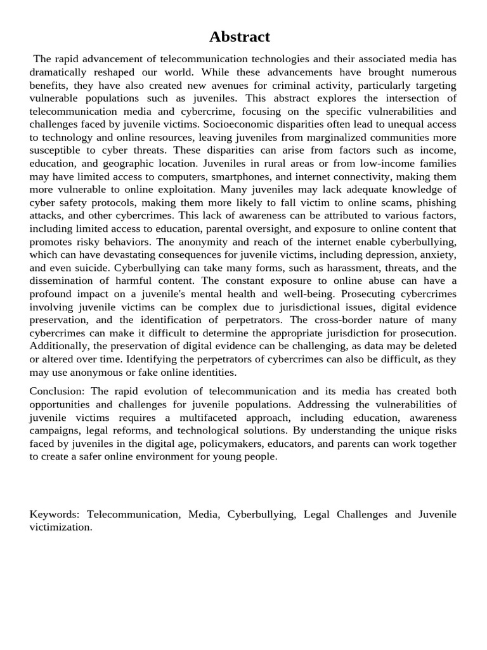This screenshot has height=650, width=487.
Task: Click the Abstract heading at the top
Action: click(240, 37)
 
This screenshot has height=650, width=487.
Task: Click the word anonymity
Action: click(216, 242)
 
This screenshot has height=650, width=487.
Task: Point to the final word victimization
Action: click(61, 527)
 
